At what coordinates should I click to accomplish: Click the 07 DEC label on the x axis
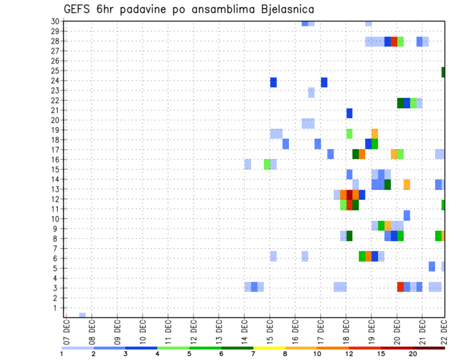(x=67, y=329)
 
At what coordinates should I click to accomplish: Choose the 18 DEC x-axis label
(x=346, y=329)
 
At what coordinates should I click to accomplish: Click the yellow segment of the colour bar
(x=269, y=348)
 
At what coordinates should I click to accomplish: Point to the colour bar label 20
(x=413, y=354)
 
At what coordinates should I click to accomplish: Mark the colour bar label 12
(x=349, y=354)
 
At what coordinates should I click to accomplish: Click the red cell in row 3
(x=400, y=287)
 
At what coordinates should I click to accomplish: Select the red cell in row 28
(x=394, y=41)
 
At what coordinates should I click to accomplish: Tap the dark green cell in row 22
(x=400, y=103)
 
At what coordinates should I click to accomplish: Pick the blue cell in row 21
(x=349, y=113)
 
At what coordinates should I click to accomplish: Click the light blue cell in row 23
(x=311, y=93)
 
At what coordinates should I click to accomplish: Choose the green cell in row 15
(x=267, y=164)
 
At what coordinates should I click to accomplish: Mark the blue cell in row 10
(x=406, y=215)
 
